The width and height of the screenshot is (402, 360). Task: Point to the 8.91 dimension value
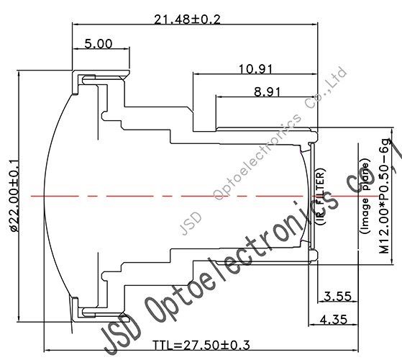268,91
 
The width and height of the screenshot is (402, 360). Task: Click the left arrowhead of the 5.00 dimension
75,50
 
